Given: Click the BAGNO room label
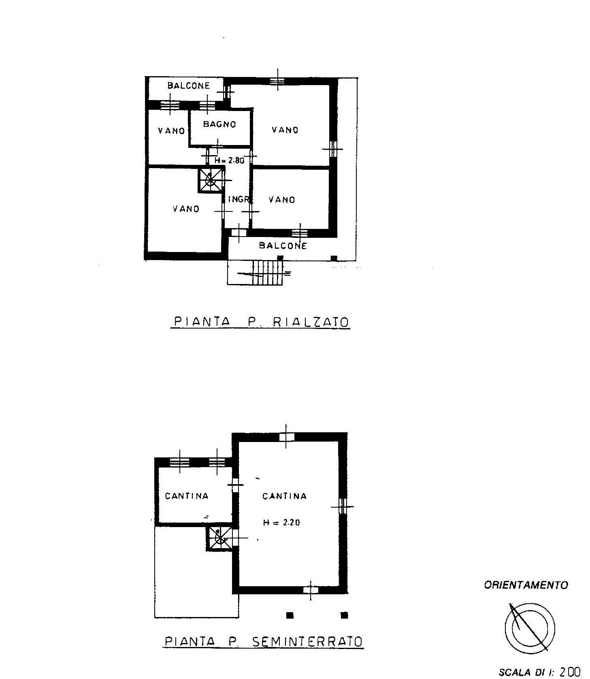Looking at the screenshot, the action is click(219, 124).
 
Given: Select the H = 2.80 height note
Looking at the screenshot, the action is click(229, 160).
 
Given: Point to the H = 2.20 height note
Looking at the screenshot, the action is click(281, 523).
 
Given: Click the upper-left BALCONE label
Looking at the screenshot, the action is click(189, 85).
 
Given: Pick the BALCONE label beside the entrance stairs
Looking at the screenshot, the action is click(283, 246).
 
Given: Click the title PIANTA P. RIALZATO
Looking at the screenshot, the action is click(261, 322).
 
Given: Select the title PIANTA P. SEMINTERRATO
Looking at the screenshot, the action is click(263, 641).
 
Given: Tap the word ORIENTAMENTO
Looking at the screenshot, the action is click(526, 585).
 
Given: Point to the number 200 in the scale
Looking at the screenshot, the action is click(570, 672).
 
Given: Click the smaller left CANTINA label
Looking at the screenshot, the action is click(187, 496).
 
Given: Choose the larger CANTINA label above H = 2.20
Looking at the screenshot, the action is click(285, 496).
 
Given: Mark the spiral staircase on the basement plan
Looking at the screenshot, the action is click(220, 539).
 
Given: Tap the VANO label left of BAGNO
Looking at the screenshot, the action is click(171, 130).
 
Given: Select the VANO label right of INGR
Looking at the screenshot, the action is click(282, 199).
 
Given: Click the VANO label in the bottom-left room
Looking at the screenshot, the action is click(186, 209).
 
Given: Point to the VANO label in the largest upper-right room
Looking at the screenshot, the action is click(285, 130).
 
